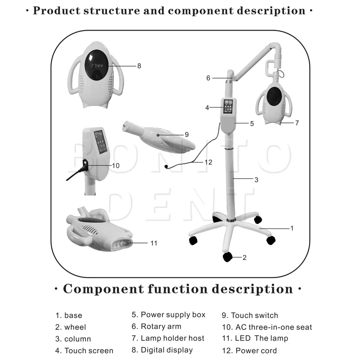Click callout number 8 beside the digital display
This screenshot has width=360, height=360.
139,66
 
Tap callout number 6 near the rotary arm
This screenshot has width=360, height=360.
208,78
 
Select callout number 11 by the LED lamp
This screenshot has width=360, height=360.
153,243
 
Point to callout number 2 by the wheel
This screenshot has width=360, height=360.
244,258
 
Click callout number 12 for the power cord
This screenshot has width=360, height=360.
208,162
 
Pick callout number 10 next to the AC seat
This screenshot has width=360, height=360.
116,166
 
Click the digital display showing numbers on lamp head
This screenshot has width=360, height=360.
96,66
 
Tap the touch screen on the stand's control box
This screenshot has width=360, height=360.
228,107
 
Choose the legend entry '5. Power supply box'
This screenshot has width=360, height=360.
168,315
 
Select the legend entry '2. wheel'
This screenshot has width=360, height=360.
70,327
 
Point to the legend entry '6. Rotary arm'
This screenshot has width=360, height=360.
157,327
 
